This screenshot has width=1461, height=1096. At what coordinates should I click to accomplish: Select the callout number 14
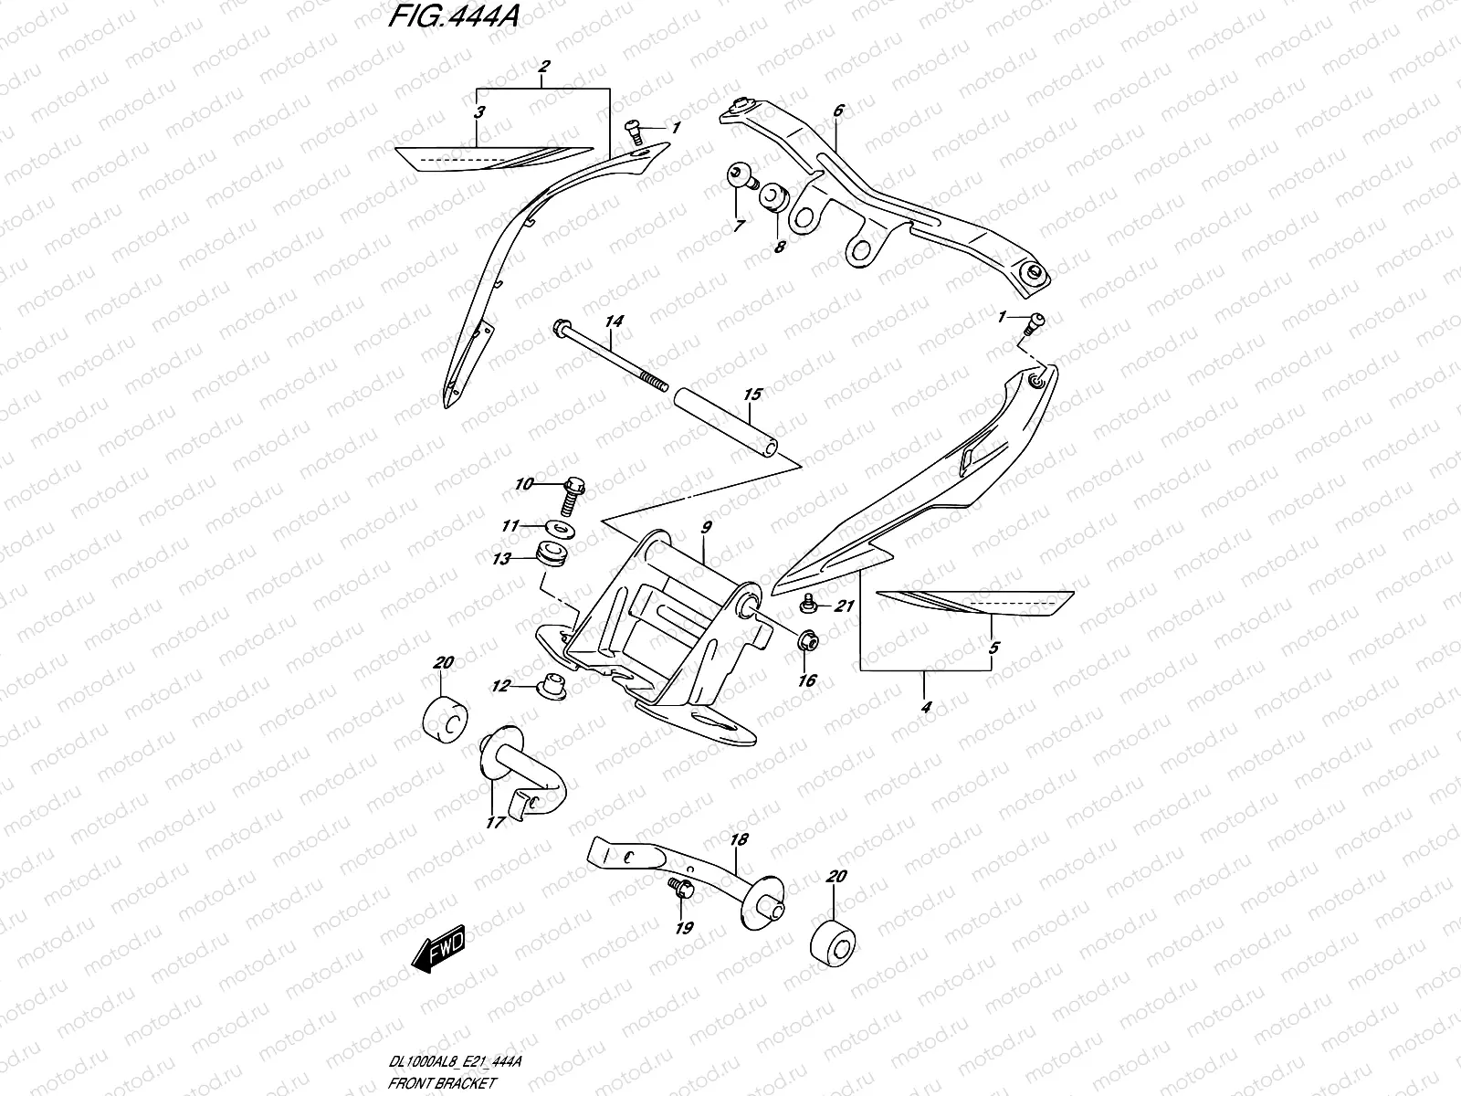click(x=613, y=321)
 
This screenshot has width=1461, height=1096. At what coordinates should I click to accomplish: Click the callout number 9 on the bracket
click(x=706, y=527)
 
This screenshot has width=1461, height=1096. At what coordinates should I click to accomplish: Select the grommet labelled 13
click(x=549, y=555)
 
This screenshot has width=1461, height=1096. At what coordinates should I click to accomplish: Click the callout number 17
click(x=494, y=822)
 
